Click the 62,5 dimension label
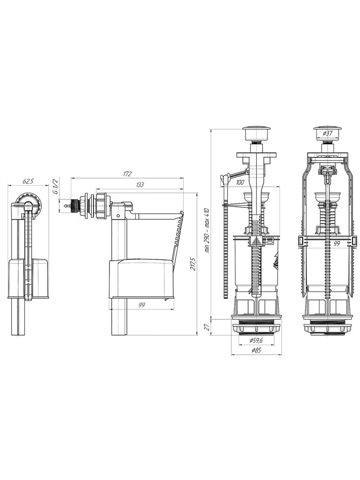click(x=28, y=181)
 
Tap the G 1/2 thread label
click(x=55, y=186)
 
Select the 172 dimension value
click(x=127, y=174)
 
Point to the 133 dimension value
click(x=140, y=185)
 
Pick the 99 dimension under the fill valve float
click(x=142, y=305)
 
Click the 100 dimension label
click(x=240, y=183)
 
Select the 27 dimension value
click(x=206, y=327)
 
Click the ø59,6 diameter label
click(x=256, y=340)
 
